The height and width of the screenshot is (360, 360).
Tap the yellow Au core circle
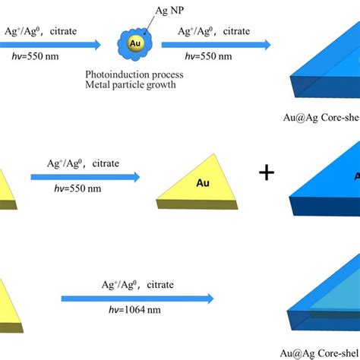(134, 42)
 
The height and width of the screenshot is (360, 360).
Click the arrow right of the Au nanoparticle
(224, 46)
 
